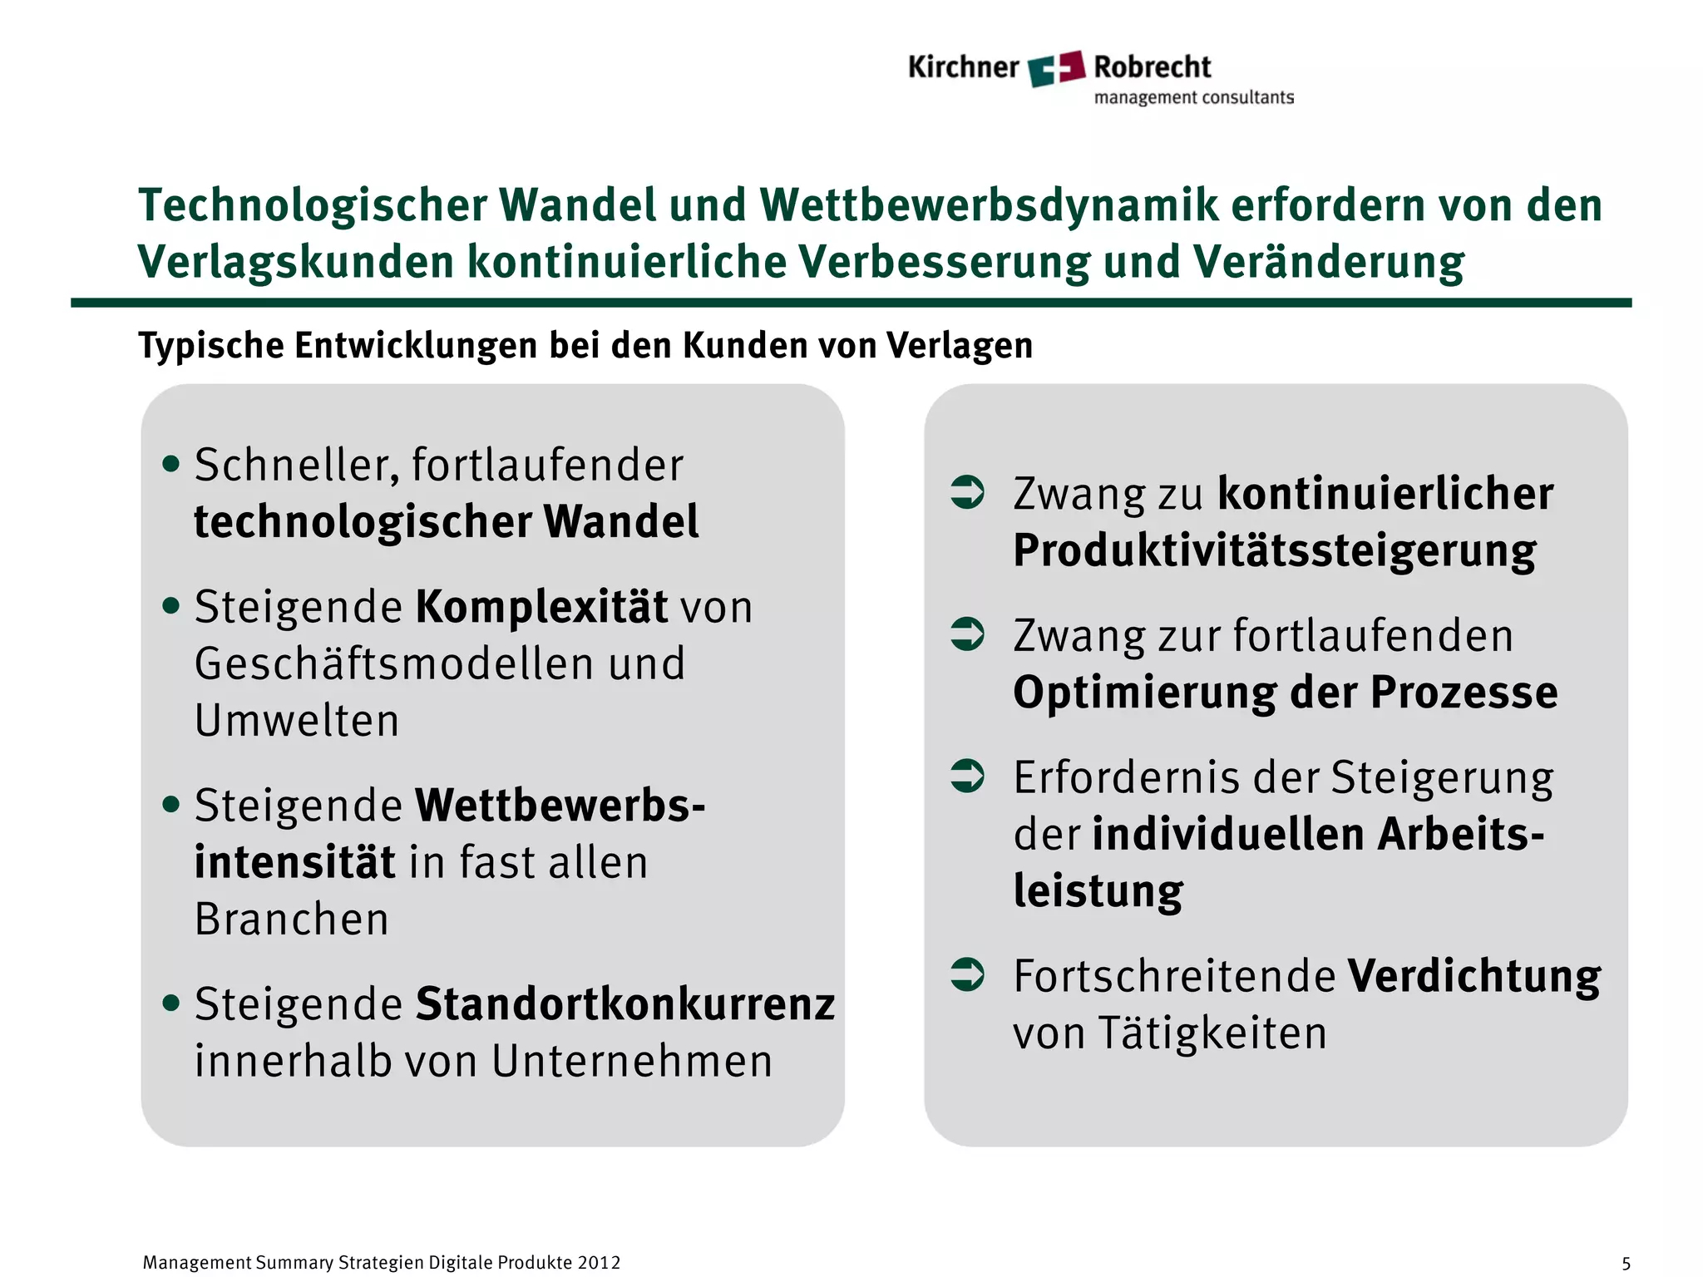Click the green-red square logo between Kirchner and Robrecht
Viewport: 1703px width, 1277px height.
click(x=1056, y=68)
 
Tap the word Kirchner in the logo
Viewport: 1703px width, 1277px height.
click(x=963, y=67)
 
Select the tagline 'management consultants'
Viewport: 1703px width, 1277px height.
click(x=1193, y=98)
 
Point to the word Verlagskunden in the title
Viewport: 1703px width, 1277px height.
click(x=296, y=263)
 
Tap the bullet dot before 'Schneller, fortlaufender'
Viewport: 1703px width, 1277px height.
click(x=171, y=464)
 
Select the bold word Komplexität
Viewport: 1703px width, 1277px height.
click(x=541, y=607)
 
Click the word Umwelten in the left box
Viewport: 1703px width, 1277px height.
click(x=297, y=720)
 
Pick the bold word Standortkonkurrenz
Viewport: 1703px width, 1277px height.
click(x=624, y=1004)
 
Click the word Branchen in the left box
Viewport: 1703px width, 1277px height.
click(x=292, y=920)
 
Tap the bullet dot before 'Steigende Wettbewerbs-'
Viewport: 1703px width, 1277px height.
click(x=171, y=804)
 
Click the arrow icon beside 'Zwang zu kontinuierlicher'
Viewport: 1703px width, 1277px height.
click(x=967, y=491)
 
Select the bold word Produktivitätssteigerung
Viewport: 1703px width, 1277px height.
click(x=1275, y=551)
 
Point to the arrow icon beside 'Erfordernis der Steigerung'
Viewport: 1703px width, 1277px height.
click(x=967, y=776)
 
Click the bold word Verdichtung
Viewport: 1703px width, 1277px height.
click(x=1473, y=976)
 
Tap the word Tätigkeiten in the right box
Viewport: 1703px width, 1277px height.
click(x=1212, y=1033)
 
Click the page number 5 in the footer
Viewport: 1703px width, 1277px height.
click(x=1626, y=1264)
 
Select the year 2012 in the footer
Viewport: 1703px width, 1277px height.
click(x=599, y=1263)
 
